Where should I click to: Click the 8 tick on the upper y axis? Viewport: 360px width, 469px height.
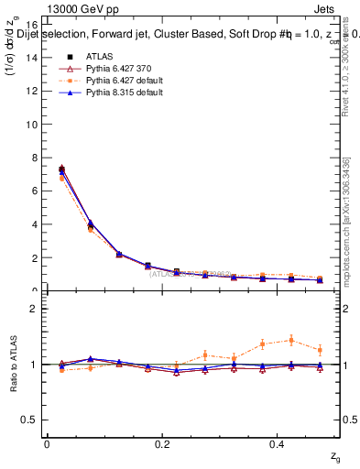click(x=33, y=158)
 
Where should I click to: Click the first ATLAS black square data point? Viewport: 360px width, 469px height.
click(x=61, y=170)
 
